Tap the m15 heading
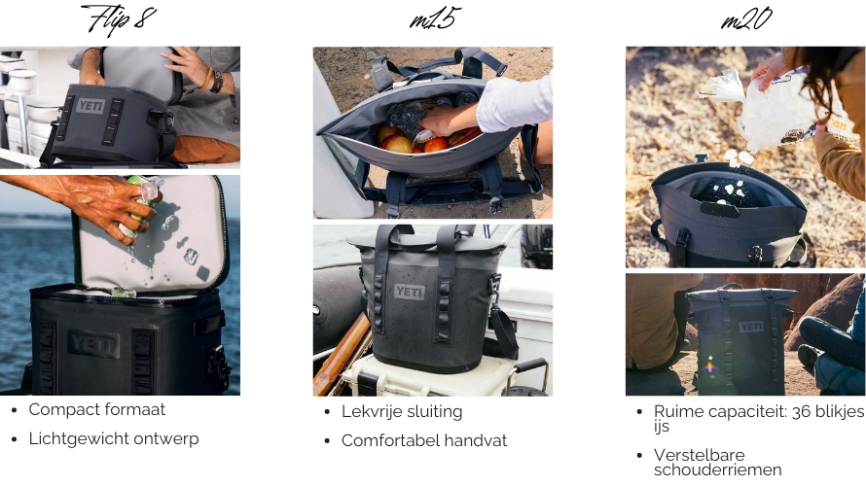tap(435, 18)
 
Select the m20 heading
tap(746, 18)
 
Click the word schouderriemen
tap(717, 470)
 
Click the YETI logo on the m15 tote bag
tap(410, 292)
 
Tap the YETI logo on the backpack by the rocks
tap(751, 328)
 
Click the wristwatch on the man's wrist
tap(216, 83)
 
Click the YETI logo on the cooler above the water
tap(93, 344)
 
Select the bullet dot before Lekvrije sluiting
tap(328, 412)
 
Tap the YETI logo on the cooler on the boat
tap(90, 105)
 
